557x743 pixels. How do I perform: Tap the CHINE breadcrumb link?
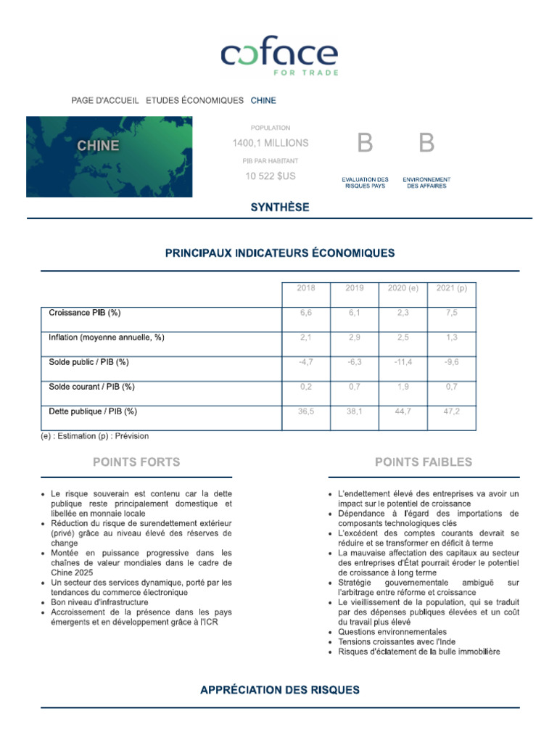point(263,100)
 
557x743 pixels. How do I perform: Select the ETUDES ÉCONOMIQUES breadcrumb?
point(194,100)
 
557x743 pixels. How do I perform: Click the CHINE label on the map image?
point(99,145)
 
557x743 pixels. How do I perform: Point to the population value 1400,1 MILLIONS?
point(271,143)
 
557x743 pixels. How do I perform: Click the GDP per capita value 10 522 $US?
point(271,176)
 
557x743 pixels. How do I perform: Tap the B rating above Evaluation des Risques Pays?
point(365,144)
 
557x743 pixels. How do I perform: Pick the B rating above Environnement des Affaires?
point(426,144)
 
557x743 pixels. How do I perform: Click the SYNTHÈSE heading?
point(279,208)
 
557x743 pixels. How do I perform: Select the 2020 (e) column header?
point(403,288)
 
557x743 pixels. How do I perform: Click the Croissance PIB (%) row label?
point(85,313)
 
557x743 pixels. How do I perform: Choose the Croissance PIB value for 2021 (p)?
point(452,313)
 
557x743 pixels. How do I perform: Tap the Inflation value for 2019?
point(354,337)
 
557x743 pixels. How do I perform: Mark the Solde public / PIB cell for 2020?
point(403,362)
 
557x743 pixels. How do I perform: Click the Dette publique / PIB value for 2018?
point(306,411)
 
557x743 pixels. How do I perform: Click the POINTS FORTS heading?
point(136,462)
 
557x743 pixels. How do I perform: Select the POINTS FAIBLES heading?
point(424,462)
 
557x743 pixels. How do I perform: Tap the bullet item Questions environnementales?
point(392,632)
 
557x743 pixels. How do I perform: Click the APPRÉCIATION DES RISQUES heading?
point(279,690)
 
